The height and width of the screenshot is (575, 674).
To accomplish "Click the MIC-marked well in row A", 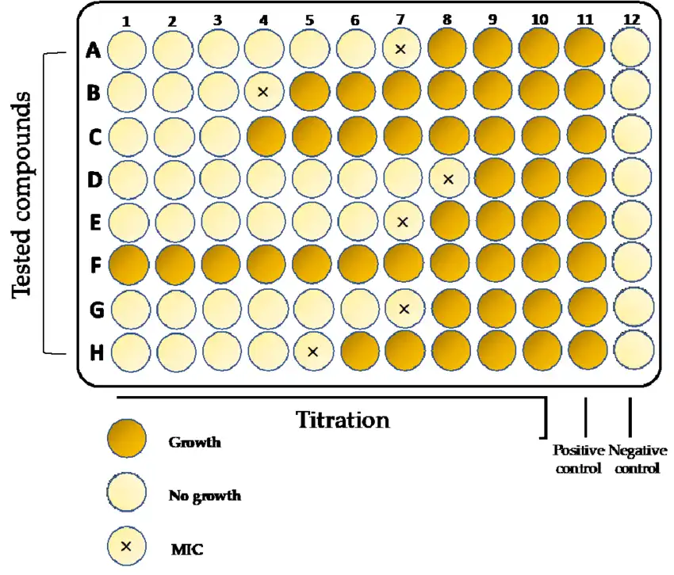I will (x=400, y=50).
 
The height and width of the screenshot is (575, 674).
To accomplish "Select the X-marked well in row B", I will (x=263, y=92).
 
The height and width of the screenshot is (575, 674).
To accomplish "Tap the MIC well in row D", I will (x=448, y=180).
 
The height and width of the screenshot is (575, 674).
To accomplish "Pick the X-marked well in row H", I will (x=312, y=351).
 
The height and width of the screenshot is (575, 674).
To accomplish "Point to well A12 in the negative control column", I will (x=632, y=50).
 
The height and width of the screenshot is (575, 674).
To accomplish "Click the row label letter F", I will (x=94, y=265).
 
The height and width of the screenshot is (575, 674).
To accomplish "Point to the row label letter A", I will (x=94, y=52).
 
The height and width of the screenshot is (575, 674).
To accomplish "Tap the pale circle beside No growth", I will (x=127, y=493).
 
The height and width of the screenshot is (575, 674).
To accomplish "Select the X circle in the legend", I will (x=127, y=546).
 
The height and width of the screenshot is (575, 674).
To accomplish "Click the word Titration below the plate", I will (x=343, y=420).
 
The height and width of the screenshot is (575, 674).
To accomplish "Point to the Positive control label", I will (x=578, y=459).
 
